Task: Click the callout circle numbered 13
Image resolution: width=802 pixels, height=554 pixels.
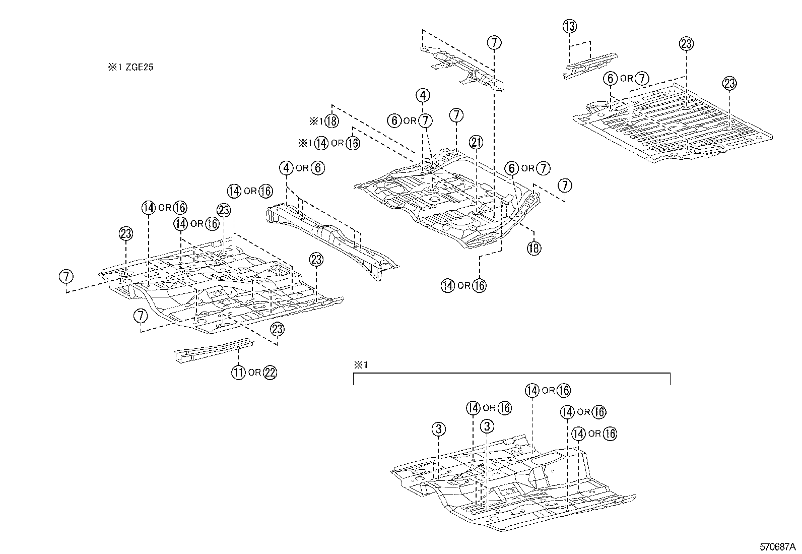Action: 569,26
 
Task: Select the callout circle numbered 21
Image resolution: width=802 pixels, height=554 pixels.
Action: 476,143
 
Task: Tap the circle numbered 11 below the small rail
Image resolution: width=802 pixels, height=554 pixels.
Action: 238,373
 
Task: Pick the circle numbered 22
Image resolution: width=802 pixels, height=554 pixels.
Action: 270,373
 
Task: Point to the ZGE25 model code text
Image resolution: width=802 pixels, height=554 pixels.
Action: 136,67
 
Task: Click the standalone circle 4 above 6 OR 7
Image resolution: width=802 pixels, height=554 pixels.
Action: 423,95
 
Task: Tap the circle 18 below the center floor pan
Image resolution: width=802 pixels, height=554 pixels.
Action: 534,248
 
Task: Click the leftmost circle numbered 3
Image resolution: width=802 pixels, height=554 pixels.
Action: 439,429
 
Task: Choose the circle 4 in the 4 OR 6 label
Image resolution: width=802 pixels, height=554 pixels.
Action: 286,168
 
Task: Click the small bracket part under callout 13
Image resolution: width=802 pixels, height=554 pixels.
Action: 589,64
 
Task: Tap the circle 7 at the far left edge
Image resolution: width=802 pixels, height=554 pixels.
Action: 66,276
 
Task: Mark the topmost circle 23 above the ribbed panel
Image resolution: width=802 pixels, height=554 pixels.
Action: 686,44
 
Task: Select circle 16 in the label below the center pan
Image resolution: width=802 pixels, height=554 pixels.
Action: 480,285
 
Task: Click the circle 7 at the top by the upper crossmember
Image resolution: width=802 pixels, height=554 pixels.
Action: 494,43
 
